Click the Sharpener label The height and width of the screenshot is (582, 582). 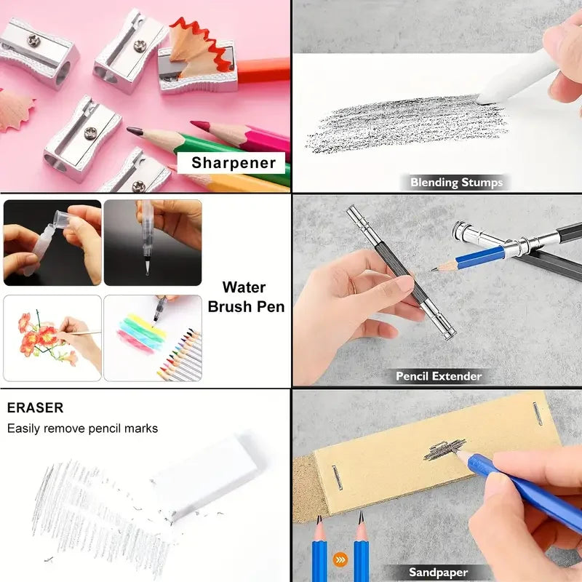234,162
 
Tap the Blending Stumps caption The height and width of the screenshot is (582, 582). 456,183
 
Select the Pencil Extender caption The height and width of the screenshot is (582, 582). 439,376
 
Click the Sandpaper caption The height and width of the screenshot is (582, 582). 438,572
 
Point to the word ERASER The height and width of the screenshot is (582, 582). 35,407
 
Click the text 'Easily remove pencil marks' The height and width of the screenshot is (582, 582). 82,428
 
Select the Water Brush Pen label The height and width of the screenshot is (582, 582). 246,297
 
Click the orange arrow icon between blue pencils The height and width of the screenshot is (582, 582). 340,559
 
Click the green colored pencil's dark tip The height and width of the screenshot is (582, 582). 135,131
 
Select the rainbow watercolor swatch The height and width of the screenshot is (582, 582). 142,333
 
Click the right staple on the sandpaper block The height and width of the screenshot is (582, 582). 538,413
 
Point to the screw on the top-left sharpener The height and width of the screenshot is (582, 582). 33,41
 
